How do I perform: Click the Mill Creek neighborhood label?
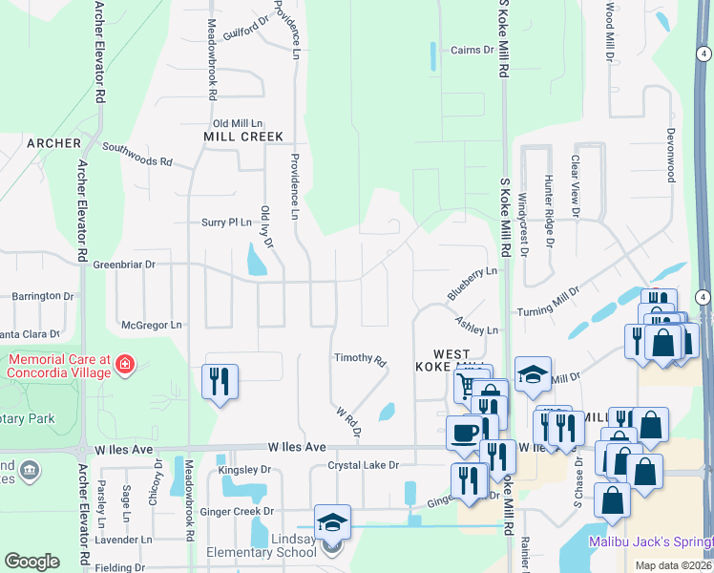click(243, 137)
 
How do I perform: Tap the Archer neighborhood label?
click(53, 143)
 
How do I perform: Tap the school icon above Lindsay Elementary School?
click(332, 522)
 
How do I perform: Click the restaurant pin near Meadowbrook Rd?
click(220, 382)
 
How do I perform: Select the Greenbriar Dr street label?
click(123, 264)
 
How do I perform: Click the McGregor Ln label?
click(151, 325)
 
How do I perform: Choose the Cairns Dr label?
click(472, 50)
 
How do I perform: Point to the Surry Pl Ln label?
click(225, 222)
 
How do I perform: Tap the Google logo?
click(32, 561)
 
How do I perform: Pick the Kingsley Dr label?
click(244, 470)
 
